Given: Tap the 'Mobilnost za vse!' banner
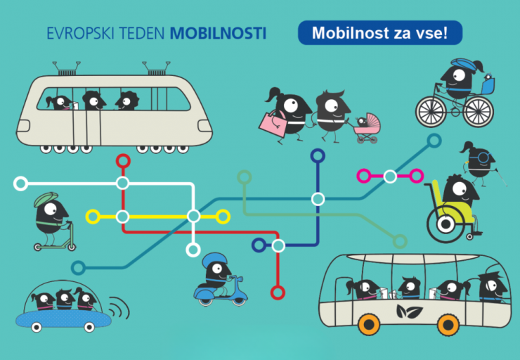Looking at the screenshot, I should tap(379, 32).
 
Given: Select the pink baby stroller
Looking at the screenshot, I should tap(366, 127).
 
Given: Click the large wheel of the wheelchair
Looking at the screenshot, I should tap(443, 223).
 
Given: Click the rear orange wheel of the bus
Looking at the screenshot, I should tap(447, 323).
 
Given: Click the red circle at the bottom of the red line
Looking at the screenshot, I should tap(278, 292).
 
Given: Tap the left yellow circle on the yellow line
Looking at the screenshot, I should tap(93, 217).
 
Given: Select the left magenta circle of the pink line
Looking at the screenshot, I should tap(365, 176).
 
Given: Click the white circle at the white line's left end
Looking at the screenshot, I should tap(21, 184).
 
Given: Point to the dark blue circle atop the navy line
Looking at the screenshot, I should tap(318, 155).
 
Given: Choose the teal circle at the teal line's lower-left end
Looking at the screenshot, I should tap(79, 267).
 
